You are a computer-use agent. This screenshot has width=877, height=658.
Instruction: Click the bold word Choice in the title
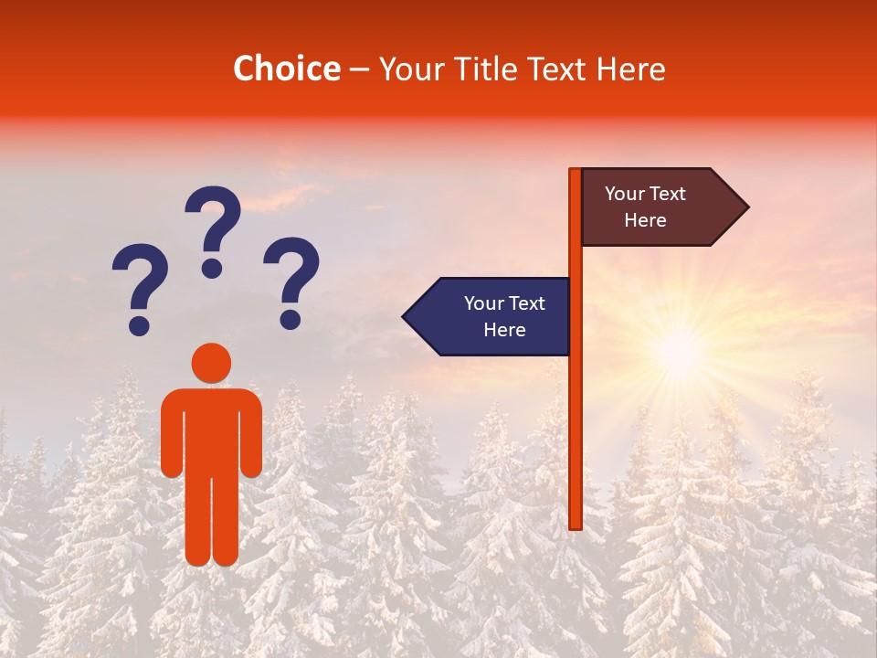coord(286,69)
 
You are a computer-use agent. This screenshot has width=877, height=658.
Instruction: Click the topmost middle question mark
coord(213,229)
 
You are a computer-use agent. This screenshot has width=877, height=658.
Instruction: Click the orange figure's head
coord(211,363)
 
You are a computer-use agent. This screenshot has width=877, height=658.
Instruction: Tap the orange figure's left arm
coord(172,434)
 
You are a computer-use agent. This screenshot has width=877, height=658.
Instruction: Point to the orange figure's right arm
coord(251,434)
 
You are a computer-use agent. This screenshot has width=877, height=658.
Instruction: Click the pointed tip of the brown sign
coord(745,207)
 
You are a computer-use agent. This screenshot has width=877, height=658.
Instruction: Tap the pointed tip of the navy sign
coord(407,316)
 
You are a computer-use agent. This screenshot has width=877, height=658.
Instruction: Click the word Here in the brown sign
coord(645,220)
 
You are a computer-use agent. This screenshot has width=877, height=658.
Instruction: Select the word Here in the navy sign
coord(504,330)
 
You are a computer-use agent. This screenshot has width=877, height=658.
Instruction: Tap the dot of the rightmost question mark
coord(291,319)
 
